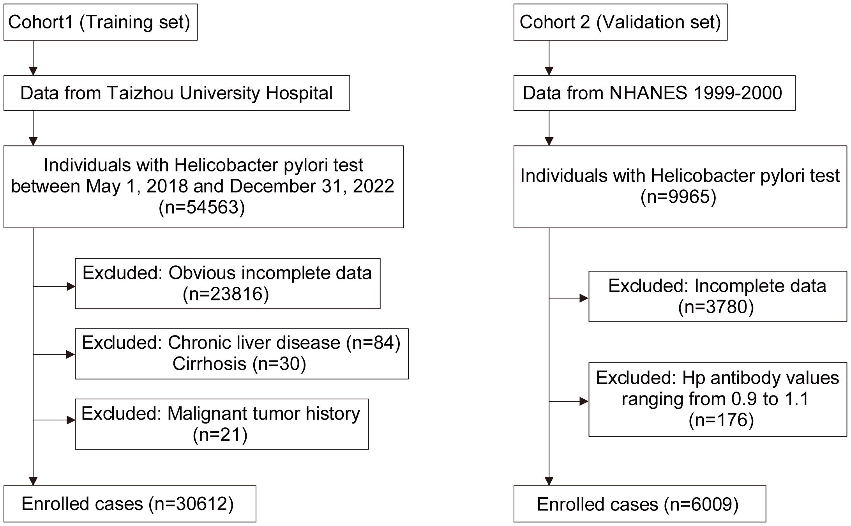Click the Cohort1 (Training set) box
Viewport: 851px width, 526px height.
point(101,22)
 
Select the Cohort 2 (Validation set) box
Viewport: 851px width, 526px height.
point(620,22)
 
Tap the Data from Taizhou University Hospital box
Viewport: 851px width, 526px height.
point(177,93)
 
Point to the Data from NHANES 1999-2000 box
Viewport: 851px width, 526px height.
point(654,93)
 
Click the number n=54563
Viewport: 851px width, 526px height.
point(202,207)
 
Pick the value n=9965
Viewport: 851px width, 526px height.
point(678,196)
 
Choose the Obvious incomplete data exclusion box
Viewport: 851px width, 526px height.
point(228,283)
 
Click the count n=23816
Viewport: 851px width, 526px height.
point(226,294)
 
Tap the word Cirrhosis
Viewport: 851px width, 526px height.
point(210,364)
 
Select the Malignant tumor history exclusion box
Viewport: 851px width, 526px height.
point(222,424)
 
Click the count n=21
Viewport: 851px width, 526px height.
point(220,434)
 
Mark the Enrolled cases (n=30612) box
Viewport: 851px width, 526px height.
point(130,504)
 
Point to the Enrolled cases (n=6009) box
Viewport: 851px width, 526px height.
point(640,504)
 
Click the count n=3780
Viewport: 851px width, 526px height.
point(716,307)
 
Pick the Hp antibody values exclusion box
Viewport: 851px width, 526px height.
point(718,399)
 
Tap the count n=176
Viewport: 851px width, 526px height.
point(721,420)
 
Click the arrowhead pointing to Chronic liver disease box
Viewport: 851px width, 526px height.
point(71,355)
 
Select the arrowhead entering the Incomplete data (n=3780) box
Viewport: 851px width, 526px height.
point(584,298)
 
